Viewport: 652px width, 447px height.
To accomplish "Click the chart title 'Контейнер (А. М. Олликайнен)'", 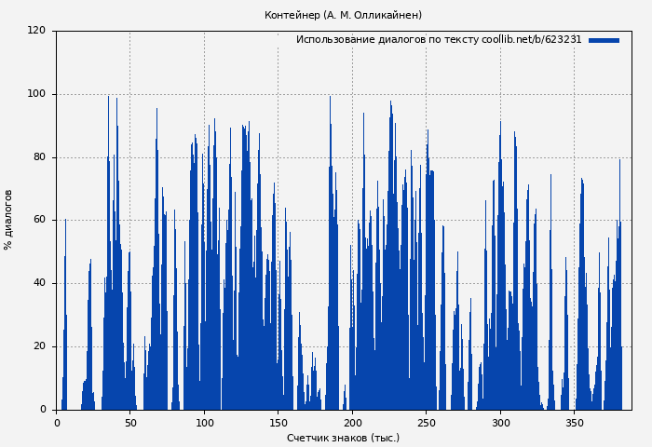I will (343, 15).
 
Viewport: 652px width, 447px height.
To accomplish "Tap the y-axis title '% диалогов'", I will (8, 220).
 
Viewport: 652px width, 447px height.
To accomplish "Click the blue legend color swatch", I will (604, 40).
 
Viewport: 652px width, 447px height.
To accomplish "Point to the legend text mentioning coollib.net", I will (439, 40).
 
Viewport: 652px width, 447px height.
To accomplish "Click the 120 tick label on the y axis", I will (36, 31).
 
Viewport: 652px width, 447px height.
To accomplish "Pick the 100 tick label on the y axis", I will (36, 94).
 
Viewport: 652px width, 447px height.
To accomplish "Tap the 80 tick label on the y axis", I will (39, 157).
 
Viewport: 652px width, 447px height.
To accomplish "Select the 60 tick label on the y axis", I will (39, 220).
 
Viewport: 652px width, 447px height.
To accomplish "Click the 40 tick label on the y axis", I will (39, 283).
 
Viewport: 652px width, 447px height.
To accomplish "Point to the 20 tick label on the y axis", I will (39, 346).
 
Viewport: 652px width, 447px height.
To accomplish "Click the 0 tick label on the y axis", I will (43, 410).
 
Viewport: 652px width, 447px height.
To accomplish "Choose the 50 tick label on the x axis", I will (130, 423).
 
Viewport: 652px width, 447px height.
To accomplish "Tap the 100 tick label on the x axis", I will (204, 423).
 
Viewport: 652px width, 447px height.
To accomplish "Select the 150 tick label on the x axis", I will (278, 423).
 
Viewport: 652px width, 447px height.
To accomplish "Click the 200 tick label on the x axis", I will (352, 423).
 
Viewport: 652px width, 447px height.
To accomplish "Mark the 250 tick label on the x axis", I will (427, 423).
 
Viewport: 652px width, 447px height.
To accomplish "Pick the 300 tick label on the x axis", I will (500, 423).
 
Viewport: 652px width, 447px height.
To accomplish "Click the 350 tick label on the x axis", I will (575, 423).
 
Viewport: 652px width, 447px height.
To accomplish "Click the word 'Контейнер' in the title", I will (292, 15).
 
